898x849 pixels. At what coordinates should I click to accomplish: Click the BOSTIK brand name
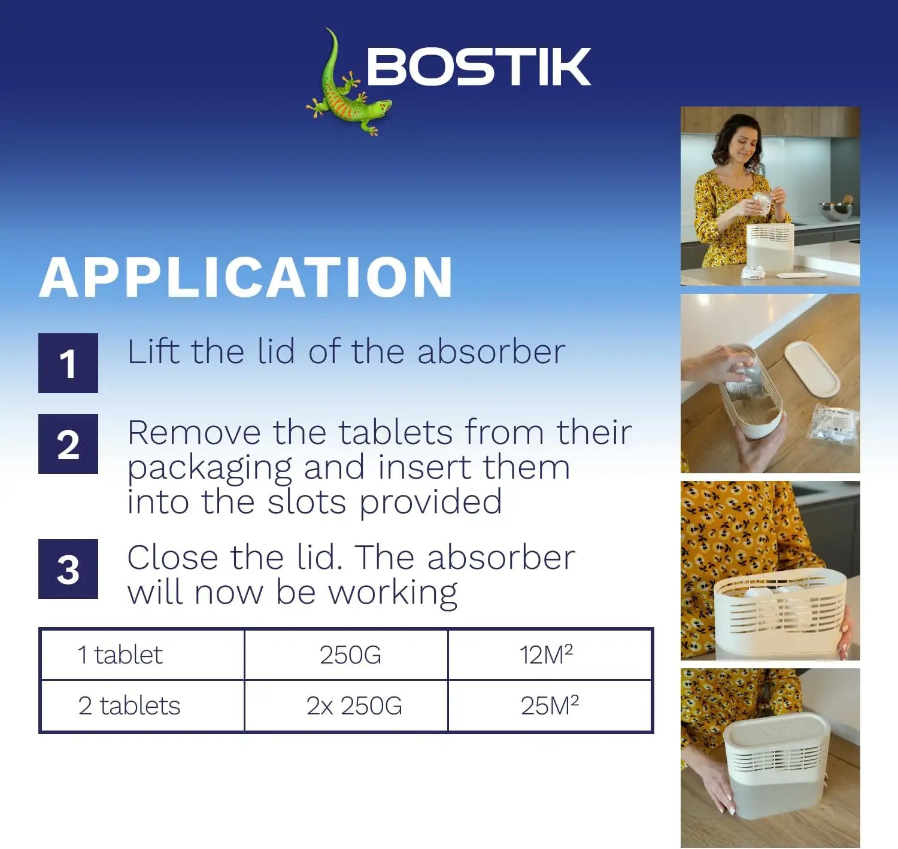click(478, 67)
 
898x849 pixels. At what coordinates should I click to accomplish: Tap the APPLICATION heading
click(246, 277)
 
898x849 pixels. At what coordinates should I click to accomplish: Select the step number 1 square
click(68, 363)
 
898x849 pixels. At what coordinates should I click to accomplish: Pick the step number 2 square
click(68, 444)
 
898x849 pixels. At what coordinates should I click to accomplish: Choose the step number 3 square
click(68, 569)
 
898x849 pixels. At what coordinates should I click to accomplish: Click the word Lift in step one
click(153, 351)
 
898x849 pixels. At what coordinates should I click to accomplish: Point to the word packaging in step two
click(210, 468)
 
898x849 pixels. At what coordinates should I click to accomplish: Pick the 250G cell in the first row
click(350, 655)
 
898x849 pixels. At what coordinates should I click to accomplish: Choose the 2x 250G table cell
click(354, 705)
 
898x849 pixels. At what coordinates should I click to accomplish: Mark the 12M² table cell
click(546, 655)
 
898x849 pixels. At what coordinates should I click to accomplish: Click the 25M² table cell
click(550, 705)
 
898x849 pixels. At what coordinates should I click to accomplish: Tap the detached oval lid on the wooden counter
click(812, 367)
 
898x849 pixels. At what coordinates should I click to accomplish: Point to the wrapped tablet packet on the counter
click(834, 425)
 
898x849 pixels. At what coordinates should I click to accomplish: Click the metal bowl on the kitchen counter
click(836, 211)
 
